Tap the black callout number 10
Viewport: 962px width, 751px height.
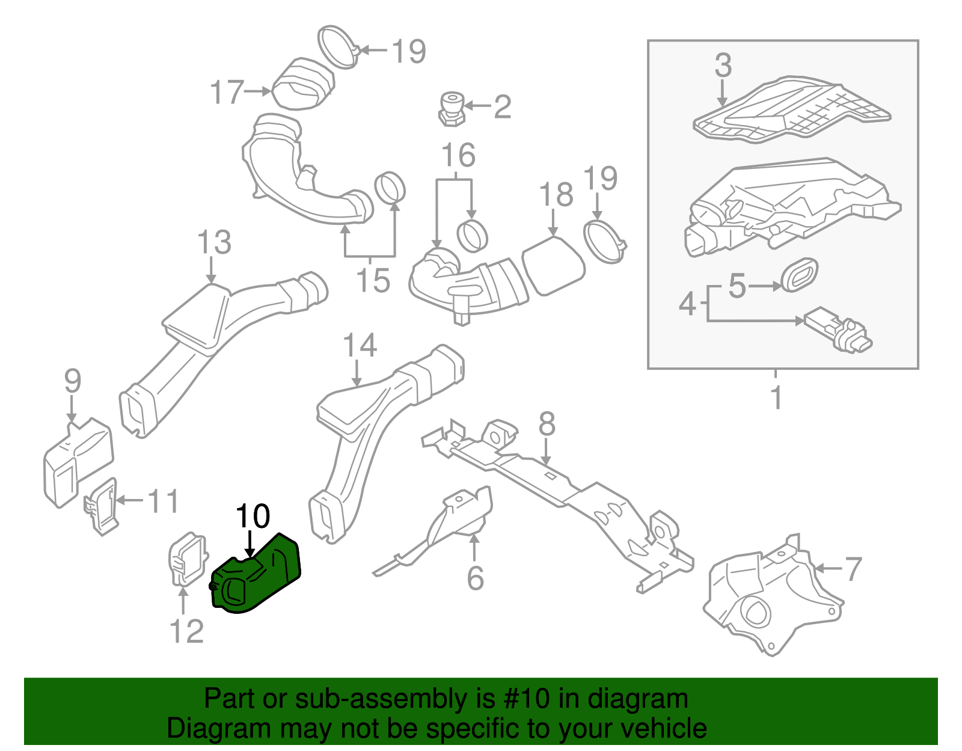click(x=253, y=516)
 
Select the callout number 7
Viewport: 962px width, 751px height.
click(x=853, y=569)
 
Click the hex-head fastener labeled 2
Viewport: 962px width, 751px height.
click(x=451, y=108)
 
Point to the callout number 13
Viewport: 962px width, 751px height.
click(x=214, y=242)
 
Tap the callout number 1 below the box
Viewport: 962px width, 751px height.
click(x=777, y=397)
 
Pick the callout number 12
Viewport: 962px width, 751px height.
click(x=186, y=631)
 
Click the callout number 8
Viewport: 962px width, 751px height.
click(x=547, y=424)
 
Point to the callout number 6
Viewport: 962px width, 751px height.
click(x=475, y=578)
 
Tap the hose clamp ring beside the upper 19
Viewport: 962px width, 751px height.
click(x=337, y=46)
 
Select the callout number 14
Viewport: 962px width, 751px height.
click(x=360, y=346)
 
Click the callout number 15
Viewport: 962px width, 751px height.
click(x=373, y=280)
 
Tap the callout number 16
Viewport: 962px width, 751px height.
click(x=459, y=155)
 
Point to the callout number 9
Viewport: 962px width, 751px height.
click(x=72, y=381)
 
